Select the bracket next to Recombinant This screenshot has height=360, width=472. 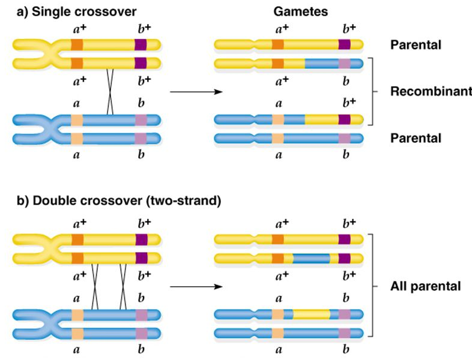[373, 91]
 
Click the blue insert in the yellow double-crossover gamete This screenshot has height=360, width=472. [311, 259]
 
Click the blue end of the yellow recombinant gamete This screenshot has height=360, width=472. [333, 63]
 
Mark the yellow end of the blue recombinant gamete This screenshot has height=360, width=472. [333, 119]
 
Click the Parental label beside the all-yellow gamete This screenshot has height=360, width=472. [416, 44]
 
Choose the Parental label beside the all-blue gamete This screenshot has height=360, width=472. [416, 138]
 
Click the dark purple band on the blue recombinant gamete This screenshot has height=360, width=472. [344, 119]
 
